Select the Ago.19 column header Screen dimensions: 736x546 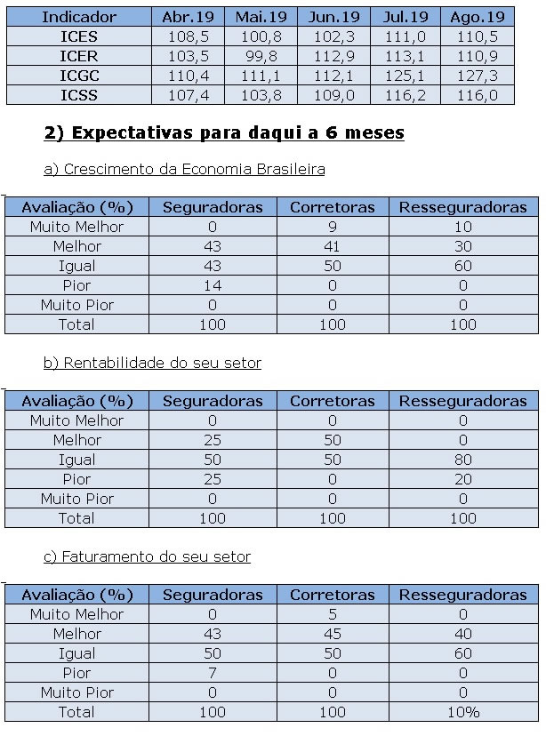[x=478, y=17]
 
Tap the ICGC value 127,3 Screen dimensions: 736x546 [x=478, y=76]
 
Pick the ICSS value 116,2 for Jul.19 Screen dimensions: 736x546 [x=405, y=95]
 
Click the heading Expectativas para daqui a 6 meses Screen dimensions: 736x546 [x=224, y=133]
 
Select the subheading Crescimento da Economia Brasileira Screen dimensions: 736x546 [x=184, y=169]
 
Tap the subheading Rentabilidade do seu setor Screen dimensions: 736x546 [x=152, y=363]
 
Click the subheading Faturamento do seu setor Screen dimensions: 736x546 [x=147, y=556]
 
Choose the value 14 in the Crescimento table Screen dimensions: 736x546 [x=212, y=285]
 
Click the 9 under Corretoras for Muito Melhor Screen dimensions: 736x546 [x=332, y=227]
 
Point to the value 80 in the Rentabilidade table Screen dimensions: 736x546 [x=462, y=460]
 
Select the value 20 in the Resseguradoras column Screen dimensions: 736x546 [x=462, y=479]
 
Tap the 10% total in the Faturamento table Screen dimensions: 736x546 [x=462, y=712]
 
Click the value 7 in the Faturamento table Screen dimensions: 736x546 [x=212, y=673]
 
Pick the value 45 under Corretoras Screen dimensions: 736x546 [x=332, y=634]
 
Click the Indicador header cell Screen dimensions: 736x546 [x=78, y=17]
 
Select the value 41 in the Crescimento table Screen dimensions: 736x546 [x=332, y=246]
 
